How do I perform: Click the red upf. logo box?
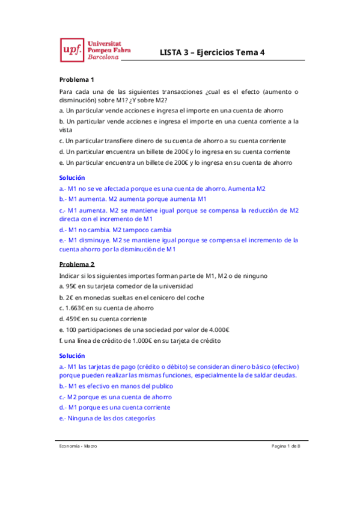pos(71,51)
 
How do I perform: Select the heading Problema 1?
pos(77,80)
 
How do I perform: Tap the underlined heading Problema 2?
pos(77,264)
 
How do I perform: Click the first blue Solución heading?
pos(72,177)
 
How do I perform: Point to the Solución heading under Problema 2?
pos(72,355)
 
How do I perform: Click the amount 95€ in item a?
pos(73,286)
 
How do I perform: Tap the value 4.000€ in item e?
pos(221,330)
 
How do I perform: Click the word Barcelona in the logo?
pos(103,59)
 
